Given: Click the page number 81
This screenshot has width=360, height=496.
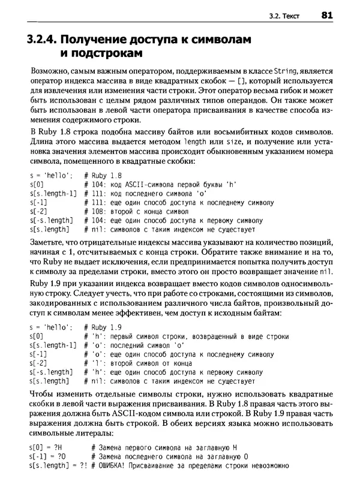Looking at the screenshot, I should point(327,16).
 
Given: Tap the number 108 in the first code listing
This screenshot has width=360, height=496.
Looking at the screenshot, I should point(98,211).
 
